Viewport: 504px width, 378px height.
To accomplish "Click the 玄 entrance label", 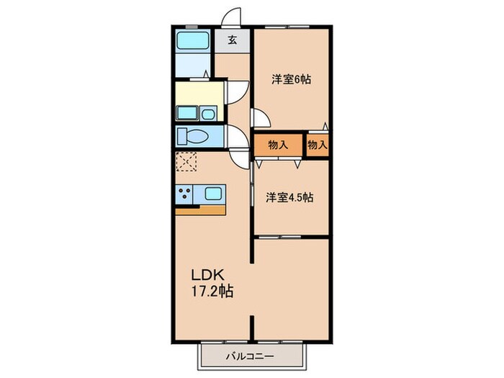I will tap(233, 40).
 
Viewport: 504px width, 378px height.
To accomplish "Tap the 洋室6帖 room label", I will tap(291, 79).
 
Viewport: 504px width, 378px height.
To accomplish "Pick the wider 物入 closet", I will tap(278, 145).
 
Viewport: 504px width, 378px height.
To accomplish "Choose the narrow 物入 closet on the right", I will tap(318, 145).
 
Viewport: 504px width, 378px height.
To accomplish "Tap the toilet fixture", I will tap(193, 137).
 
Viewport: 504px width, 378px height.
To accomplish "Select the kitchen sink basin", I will tap(215, 193).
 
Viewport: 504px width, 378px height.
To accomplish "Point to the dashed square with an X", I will tap(186, 162).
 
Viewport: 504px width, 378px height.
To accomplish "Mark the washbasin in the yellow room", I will tap(189, 114).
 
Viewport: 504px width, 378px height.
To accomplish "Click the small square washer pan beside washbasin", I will tap(208, 114).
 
